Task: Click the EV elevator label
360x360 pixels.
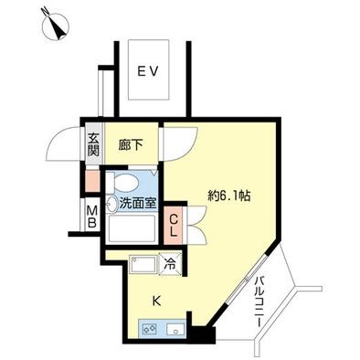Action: tap(148, 72)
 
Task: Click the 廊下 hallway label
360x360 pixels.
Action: tap(130, 145)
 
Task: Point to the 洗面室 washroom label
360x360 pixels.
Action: tap(138, 203)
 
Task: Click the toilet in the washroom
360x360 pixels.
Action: tap(122, 183)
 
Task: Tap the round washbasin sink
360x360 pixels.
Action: tap(111, 204)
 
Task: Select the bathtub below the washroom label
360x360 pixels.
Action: tap(132, 228)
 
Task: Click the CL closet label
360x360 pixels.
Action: tap(173, 226)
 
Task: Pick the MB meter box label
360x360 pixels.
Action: tap(92, 217)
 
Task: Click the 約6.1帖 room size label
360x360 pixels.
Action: tap(228, 196)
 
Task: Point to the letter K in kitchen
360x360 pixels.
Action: tap(156, 302)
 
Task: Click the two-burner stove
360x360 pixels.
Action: tap(149, 328)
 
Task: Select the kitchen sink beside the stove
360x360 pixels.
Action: tap(175, 329)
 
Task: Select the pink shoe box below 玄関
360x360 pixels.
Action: tap(92, 181)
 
